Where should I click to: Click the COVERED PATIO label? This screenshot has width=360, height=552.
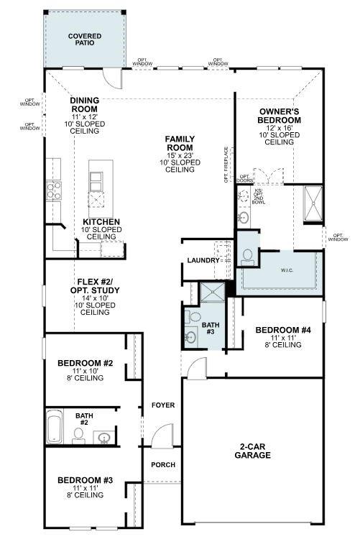pyautogui.click(x=85, y=39)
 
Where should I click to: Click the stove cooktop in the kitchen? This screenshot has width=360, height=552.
pyautogui.click(x=54, y=190)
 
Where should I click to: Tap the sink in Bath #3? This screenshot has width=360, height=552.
pyautogui.click(x=191, y=336)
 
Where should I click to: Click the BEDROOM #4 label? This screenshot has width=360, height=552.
pyautogui.click(x=282, y=337)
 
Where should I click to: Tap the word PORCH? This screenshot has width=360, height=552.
pyautogui.click(x=163, y=464)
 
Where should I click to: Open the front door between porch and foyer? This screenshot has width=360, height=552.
pyautogui.click(x=163, y=436)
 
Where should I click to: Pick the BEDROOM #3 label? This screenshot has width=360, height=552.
pyautogui.click(x=86, y=487)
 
